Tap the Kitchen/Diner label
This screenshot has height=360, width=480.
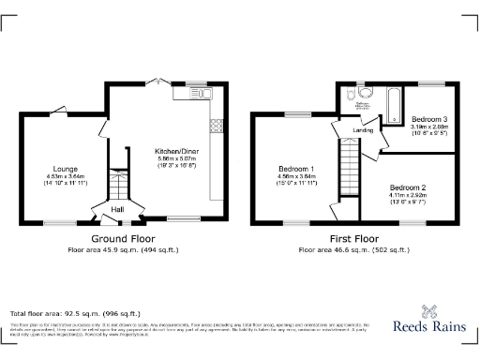pyautogui.click(x=177, y=150)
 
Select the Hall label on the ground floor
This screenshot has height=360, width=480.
pyautogui.click(x=118, y=209)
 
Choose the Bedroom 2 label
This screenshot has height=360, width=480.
pyautogui.click(x=409, y=188)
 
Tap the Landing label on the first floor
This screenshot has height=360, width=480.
pyautogui.click(x=364, y=130)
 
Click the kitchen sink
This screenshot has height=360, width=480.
pyautogui.click(x=208, y=94)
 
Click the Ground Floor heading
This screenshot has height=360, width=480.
pyautogui.click(x=122, y=238)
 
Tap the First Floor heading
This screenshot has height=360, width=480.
pyautogui.click(x=352, y=238)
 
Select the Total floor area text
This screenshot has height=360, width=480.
pyautogui.click(x=75, y=312)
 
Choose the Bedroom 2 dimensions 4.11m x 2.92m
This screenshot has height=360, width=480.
pyautogui.click(x=409, y=196)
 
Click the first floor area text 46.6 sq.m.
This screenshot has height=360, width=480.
pyautogui.click(x=352, y=250)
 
